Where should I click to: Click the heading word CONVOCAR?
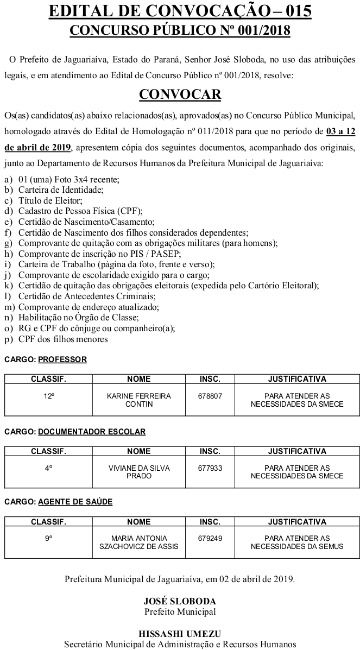180,94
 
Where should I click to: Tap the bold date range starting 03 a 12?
342,131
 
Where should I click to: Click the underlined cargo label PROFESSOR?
62,359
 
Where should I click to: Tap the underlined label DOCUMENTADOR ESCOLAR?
92,432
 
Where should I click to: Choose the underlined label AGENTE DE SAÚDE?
75,502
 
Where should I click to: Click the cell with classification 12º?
49,396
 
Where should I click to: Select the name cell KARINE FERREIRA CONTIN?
139,400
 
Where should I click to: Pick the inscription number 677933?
210,468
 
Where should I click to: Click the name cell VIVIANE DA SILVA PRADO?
139,472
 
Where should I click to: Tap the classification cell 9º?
49,538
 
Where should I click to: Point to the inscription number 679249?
210,538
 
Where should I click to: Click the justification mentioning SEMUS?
297,542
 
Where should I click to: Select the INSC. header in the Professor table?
210,379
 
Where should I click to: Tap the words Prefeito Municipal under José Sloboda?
180,611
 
